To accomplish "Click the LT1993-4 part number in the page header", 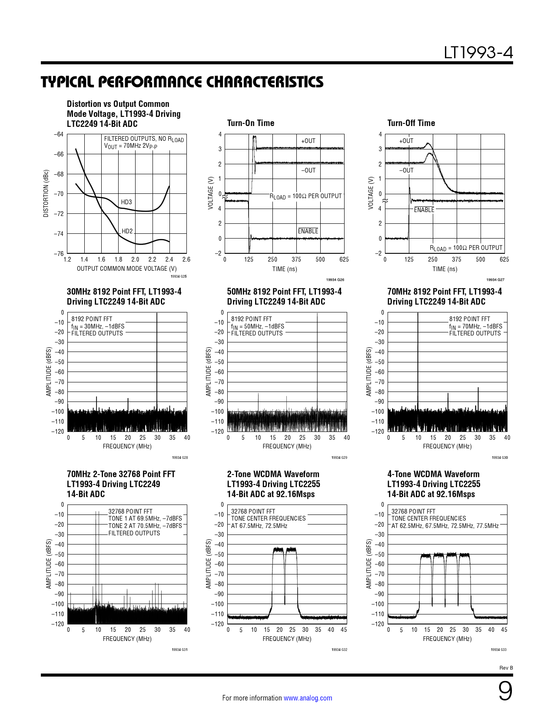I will point(478,53).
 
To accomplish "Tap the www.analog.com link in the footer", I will point(308,698).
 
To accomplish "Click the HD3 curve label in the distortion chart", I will point(126,202).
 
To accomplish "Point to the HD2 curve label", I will point(127,231).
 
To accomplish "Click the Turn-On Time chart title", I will point(251,123).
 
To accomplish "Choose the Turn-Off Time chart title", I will point(411,123).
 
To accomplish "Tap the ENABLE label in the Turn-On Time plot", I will point(308,231).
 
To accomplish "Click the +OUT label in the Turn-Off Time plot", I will point(406,141).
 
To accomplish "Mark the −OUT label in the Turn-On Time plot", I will point(309,170).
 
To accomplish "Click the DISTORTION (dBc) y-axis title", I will point(46,193).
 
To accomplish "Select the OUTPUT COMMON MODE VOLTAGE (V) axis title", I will point(127,269).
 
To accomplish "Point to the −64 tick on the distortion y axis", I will point(59,134).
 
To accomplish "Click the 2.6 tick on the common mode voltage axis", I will point(186,259).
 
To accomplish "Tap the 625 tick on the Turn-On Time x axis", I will point(344,259).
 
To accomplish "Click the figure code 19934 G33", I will point(498,650).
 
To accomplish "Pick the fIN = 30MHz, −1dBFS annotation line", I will point(98,326).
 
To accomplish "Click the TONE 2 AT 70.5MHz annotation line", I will point(145,526).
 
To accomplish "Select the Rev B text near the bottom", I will point(506,668).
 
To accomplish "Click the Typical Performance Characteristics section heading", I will point(182,82).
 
